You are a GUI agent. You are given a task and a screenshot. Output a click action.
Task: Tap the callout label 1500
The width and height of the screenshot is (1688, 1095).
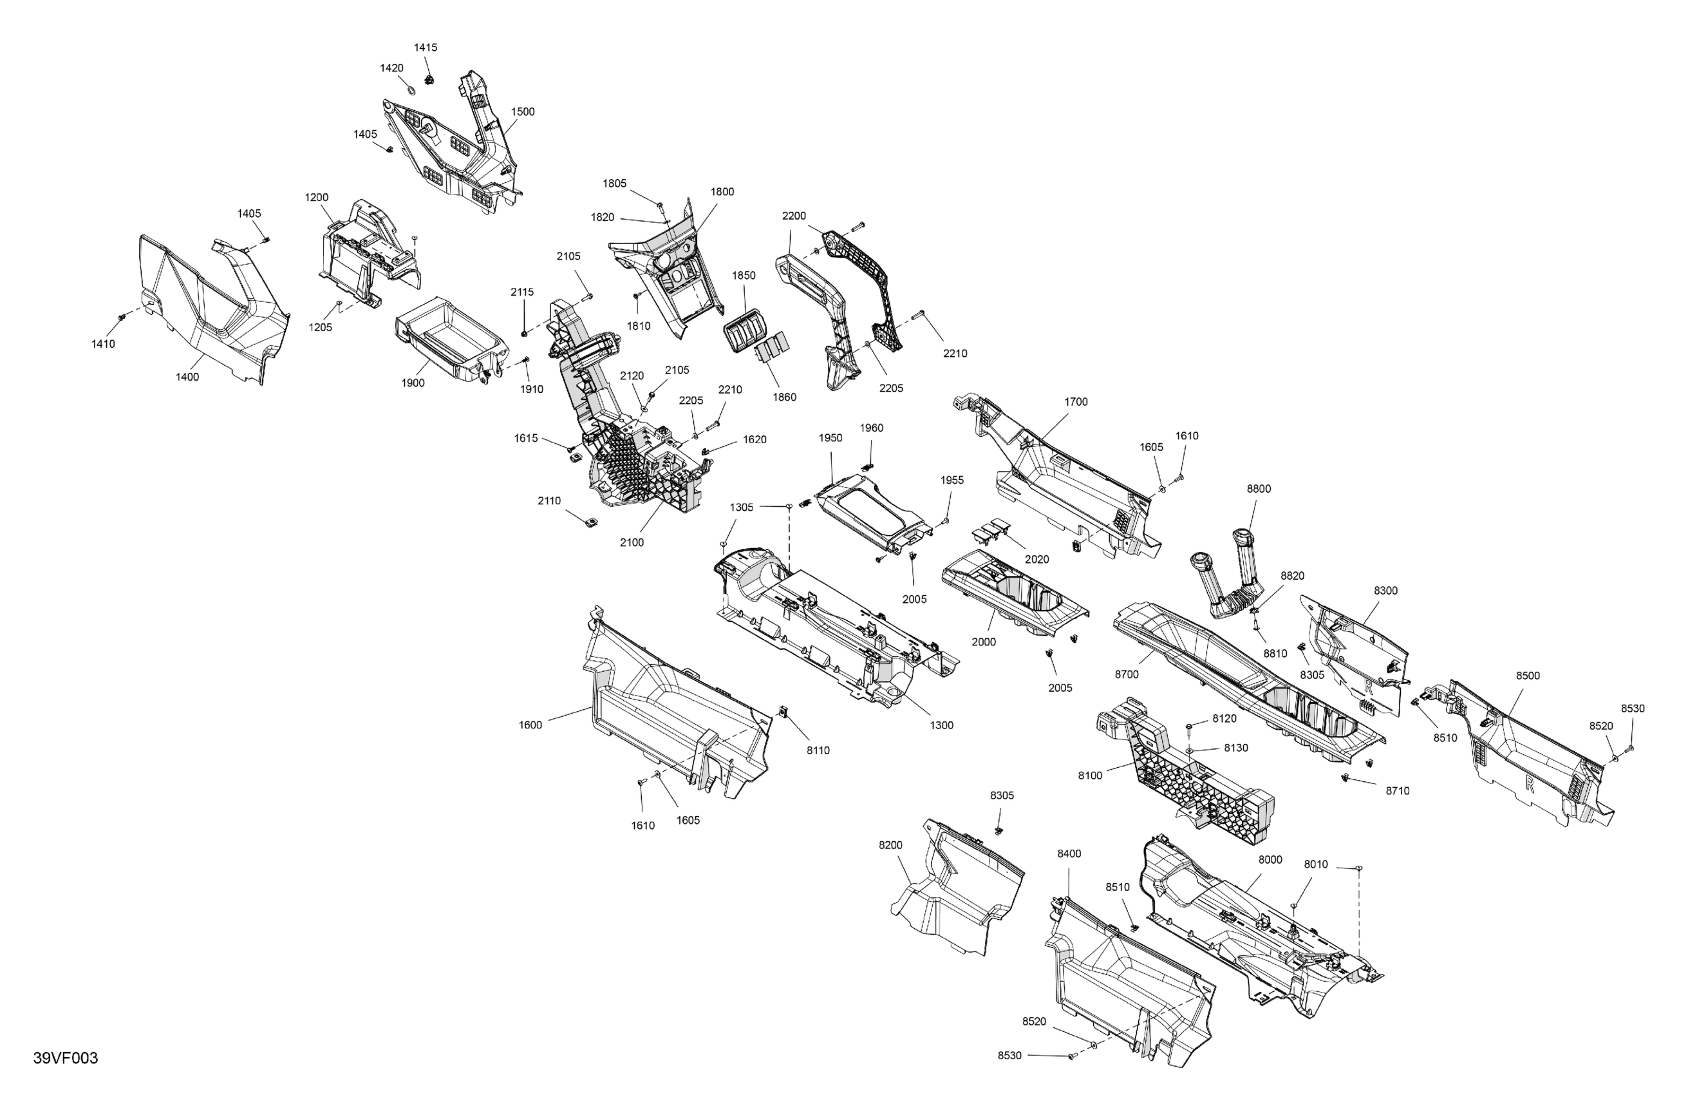click(x=523, y=111)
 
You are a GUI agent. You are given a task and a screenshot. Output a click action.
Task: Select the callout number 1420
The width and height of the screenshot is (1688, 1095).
click(x=391, y=68)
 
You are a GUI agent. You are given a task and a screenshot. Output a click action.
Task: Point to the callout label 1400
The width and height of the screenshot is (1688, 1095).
click(x=187, y=377)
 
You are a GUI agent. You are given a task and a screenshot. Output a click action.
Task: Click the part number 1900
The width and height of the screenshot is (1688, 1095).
click(x=413, y=383)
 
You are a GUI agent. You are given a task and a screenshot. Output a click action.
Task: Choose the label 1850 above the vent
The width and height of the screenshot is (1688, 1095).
click(x=744, y=275)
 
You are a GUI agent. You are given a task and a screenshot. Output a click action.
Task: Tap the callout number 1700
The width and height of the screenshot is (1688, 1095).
click(x=1076, y=402)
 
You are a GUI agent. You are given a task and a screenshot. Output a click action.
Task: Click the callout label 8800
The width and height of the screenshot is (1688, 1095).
click(x=1259, y=488)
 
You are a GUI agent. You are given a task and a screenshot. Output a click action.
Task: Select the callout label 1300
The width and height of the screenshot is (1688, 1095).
click(x=942, y=725)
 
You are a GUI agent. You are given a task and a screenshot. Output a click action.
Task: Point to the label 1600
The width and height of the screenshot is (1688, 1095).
click(x=530, y=725)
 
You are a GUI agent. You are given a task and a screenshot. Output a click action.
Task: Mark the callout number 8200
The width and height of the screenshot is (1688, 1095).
click(x=891, y=844)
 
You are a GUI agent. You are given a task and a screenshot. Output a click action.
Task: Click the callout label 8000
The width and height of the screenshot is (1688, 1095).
click(x=1270, y=859)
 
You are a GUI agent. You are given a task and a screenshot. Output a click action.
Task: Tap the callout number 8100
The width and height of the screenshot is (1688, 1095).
click(x=1090, y=776)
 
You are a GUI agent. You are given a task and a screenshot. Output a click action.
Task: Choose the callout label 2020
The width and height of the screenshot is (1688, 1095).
click(x=1037, y=559)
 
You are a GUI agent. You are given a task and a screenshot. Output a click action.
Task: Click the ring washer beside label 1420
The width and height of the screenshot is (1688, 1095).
click(x=411, y=90)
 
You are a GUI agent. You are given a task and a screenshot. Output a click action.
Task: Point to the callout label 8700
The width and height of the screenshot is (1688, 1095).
click(x=1126, y=674)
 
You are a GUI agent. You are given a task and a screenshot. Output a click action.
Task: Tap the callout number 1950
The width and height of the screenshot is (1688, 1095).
click(x=830, y=438)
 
